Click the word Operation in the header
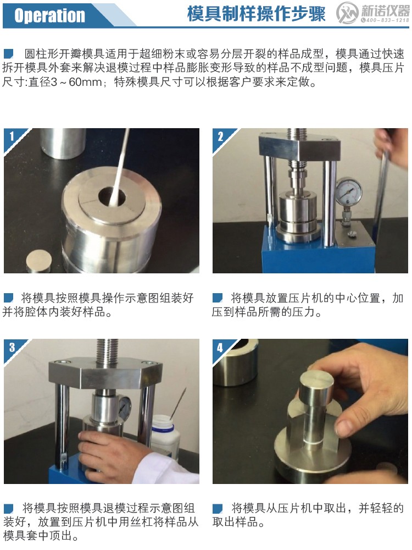tap(50, 15)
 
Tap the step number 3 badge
tap(11, 346)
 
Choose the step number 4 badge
tap(220, 347)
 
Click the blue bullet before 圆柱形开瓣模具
tap(9, 54)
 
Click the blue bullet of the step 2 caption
tap(218, 298)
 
